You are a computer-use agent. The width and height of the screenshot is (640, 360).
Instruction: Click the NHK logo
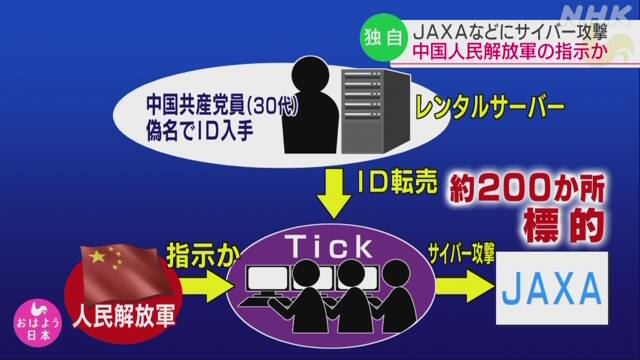pyautogui.click(x=596, y=14)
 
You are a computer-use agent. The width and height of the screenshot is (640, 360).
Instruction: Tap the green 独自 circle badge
pyautogui.click(x=383, y=38)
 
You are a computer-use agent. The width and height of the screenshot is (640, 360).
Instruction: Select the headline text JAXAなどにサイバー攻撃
pyautogui.click(x=511, y=32)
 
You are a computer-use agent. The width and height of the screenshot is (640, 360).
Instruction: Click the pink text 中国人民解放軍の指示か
pyautogui.click(x=510, y=52)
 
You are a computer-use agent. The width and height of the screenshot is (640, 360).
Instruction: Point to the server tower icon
pyautogui.click(x=375, y=111)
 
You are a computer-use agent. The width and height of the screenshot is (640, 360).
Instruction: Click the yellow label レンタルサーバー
pyautogui.click(x=489, y=108)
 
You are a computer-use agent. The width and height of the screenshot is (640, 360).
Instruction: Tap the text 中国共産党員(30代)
pyautogui.click(x=222, y=105)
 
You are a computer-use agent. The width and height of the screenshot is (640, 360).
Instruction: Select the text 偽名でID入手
pyautogui.click(x=200, y=131)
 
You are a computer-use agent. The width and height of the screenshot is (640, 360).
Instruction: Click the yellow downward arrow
pyautogui.click(x=334, y=194)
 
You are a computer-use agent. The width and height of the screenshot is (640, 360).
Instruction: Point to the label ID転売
pyautogui.click(x=397, y=181)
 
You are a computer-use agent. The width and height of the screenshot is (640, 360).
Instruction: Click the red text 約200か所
pyautogui.click(x=527, y=189)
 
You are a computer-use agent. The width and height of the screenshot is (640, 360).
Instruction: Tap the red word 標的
pyautogui.click(x=564, y=225)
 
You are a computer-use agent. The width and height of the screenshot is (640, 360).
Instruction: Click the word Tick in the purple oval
pyautogui.click(x=329, y=246)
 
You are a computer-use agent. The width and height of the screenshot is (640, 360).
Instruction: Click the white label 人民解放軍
pyautogui.click(x=124, y=316)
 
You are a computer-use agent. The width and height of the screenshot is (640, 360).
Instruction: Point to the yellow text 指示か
pyautogui.click(x=203, y=255)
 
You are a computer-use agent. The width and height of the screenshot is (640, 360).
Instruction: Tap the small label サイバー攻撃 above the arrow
pyautogui.click(x=462, y=253)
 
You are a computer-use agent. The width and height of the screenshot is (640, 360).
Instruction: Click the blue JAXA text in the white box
pyautogui.click(x=552, y=289)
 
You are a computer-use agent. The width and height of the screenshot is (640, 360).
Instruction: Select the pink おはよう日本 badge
pyautogui.click(x=38, y=323)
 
